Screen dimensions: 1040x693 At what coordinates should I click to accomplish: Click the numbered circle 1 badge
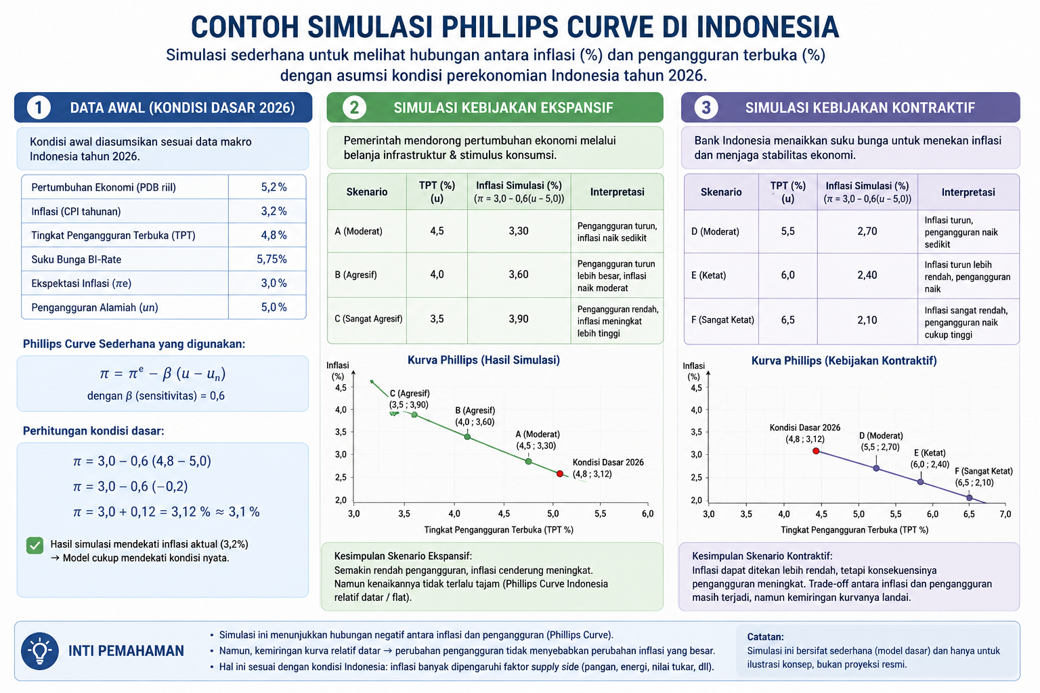(39, 108)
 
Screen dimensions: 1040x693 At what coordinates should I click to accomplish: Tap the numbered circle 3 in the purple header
(706, 108)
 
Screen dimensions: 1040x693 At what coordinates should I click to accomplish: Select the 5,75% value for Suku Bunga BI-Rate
(272, 259)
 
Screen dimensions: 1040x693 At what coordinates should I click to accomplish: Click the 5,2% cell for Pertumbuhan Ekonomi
(274, 187)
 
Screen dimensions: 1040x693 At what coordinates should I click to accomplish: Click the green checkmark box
(35, 545)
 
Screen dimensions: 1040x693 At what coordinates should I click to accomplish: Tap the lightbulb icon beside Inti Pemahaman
(40, 651)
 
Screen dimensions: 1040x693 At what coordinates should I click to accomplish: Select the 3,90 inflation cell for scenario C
(518, 319)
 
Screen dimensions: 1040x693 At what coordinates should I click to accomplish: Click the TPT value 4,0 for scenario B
(437, 274)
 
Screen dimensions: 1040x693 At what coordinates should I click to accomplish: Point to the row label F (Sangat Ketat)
(722, 320)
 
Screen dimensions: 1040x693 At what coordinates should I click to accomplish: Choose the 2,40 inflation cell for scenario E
(867, 275)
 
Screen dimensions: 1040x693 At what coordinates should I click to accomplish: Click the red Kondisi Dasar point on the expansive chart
(560, 474)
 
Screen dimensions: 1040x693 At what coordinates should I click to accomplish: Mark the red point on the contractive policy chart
(816, 451)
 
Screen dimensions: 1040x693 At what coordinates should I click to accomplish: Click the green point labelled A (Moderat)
(528, 462)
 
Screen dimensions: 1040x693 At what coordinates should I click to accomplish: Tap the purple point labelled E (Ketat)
(920, 482)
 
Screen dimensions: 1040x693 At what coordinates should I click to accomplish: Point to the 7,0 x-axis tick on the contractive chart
(1005, 514)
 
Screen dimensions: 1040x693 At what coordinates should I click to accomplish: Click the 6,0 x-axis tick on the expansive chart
(648, 514)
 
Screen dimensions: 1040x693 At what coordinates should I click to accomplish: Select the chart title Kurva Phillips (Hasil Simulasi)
(483, 360)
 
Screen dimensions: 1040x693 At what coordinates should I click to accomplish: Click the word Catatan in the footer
(765, 637)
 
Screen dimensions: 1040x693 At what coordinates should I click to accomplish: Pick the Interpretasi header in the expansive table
(617, 192)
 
